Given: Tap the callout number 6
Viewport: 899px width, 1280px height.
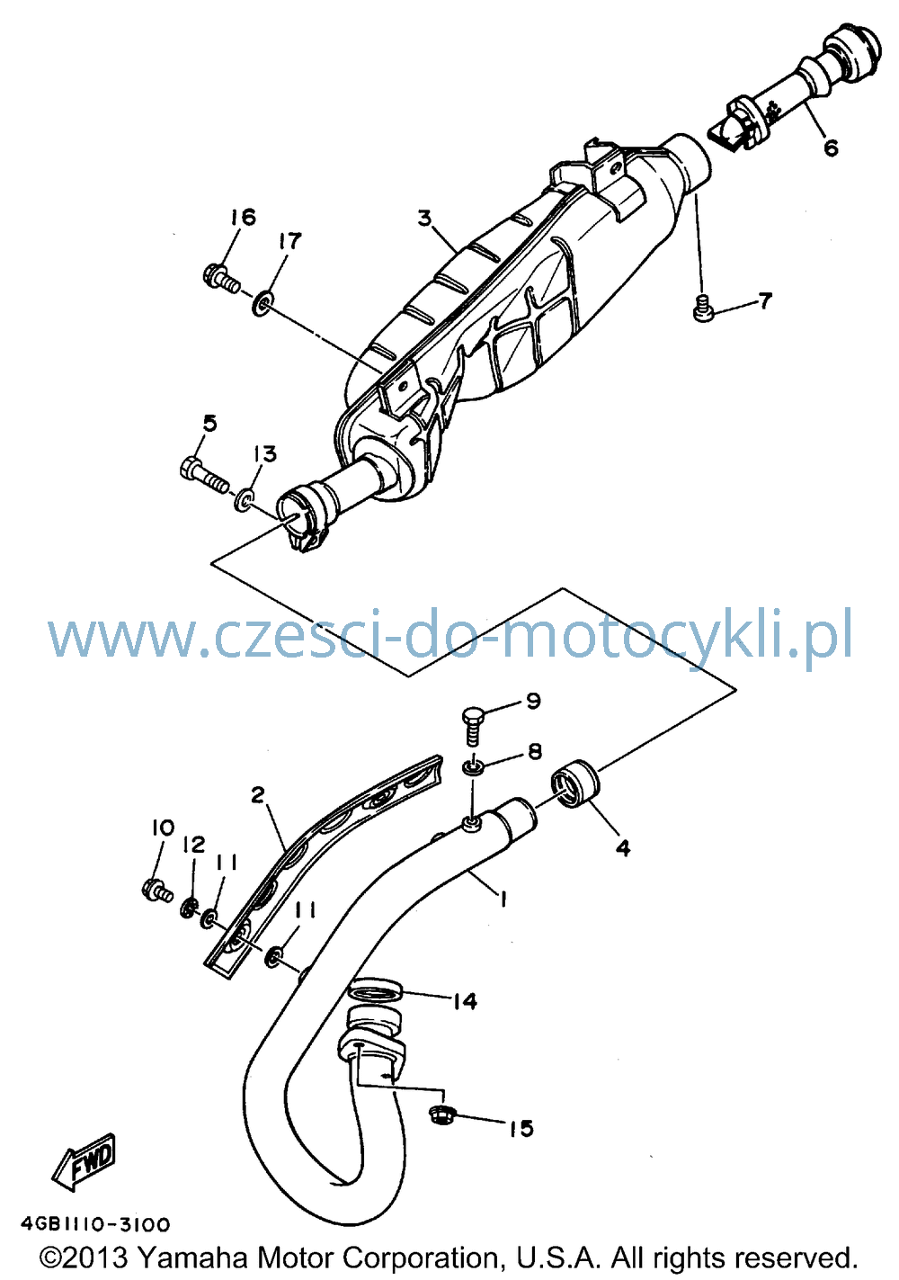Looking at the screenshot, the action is point(831,148).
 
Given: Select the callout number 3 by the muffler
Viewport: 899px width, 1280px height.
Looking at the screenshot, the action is point(424,218).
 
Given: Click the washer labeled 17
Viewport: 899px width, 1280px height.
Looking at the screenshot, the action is point(263,303).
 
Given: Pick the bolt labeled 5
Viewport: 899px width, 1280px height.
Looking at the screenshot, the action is point(204,479).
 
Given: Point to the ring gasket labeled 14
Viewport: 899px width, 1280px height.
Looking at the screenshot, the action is point(375,989).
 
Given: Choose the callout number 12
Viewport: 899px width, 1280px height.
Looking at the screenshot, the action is point(193,844).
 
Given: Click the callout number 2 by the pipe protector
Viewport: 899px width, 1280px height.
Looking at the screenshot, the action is point(258,794).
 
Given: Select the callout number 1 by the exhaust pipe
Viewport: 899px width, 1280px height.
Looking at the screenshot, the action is point(502,900).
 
